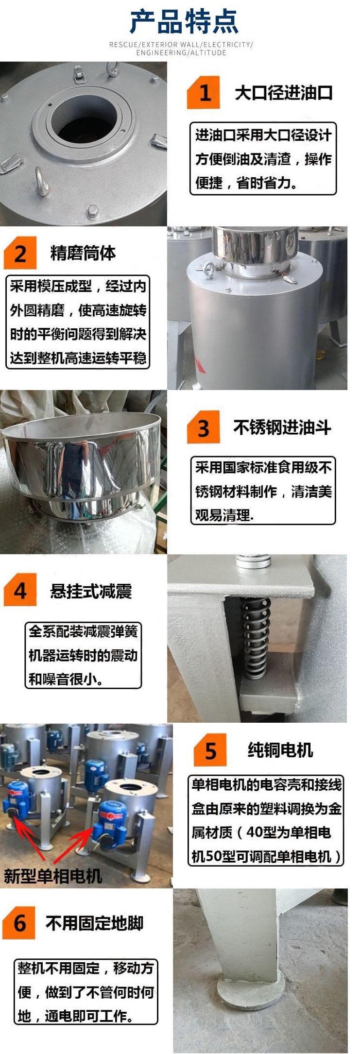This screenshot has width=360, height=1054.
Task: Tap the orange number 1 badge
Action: click(204, 92)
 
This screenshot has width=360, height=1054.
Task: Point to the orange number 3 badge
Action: click(204, 427)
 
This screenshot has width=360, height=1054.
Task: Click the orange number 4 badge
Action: click(20, 590)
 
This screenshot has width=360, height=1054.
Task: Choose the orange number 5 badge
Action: click(210, 750)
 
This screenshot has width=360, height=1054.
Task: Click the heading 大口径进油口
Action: click(283, 92)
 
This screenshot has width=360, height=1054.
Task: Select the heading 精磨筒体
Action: click(83, 253)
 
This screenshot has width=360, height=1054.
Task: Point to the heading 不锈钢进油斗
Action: click(282, 427)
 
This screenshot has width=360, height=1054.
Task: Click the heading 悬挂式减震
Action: click(91, 591)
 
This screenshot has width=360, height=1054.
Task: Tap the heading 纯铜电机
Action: click(280, 750)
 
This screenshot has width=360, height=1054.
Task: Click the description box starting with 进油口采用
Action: click(263, 158)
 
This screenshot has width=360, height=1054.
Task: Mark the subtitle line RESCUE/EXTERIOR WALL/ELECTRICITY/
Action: click(181, 45)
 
